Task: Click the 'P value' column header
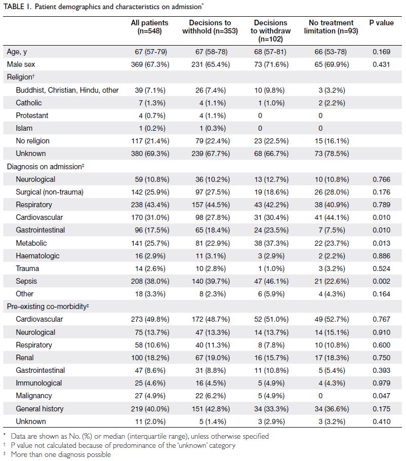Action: click(x=381, y=23)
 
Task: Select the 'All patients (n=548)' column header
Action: click(x=149, y=27)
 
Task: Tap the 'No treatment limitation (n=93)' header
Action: click(x=331, y=27)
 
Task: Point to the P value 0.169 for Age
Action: click(x=381, y=52)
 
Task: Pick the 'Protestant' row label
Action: click(x=32, y=116)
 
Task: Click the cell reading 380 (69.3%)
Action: click(x=150, y=153)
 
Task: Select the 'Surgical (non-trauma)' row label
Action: click(x=50, y=192)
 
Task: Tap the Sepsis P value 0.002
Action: click(x=381, y=281)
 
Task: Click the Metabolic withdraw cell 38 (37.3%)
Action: click(x=271, y=243)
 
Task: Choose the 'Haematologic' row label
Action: click(x=37, y=256)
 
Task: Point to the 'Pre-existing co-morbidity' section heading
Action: click(x=48, y=306)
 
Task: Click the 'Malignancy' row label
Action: click(x=34, y=396)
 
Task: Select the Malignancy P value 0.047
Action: click(x=381, y=396)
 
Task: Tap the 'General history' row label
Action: click(x=39, y=409)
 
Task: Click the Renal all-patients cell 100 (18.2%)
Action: click(x=150, y=358)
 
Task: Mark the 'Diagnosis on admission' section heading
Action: click(x=46, y=167)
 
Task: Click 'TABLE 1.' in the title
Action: click(x=17, y=7)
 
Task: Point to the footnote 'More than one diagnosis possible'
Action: click(x=61, y=454)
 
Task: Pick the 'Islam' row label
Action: click(x=24, y=128)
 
